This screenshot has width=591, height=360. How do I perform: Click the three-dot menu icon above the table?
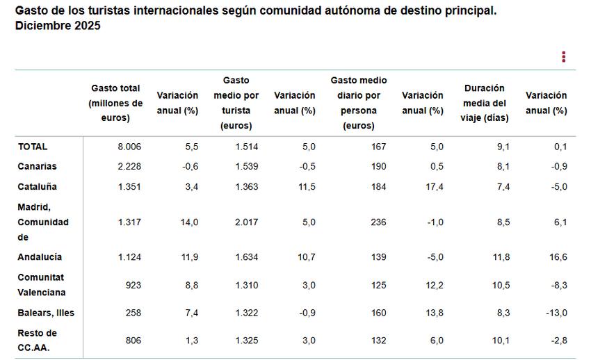(x=563, y=57)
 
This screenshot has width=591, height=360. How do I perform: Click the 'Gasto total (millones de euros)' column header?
(x=115, y=103)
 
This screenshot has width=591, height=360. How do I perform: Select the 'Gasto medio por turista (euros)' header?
(x=236, y=103)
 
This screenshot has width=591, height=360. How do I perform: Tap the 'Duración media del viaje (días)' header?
(x=485, y=103)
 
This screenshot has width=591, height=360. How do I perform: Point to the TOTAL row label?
(x=33, y=147)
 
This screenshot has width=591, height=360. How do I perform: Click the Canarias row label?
(x=38, y=167)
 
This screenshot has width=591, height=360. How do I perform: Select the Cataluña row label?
(x=38, y=187)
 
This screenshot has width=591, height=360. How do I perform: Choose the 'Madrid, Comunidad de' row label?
(x=43, y=222)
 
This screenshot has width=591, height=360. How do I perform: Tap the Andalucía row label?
(x=40, y=257)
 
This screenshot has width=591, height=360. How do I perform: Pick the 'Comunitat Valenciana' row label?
(x=42, y=285)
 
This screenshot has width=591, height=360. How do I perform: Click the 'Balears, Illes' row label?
(x=46, y=313)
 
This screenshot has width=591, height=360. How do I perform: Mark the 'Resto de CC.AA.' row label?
(x=38, y=340)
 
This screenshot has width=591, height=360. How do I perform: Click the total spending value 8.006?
(x=129, y=147)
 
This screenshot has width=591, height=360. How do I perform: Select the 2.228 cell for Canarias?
(x=129, y=167)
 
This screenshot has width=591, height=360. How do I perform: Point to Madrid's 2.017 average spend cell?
(x=246, y=222)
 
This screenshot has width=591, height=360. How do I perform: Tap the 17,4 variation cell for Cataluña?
(x=434, y=187)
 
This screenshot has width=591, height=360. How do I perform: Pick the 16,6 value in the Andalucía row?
(x=558, y=257)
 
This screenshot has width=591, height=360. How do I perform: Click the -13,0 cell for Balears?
(x=556, y=313)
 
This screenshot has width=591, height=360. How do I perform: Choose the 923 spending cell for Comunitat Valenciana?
(x=133, y=285)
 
